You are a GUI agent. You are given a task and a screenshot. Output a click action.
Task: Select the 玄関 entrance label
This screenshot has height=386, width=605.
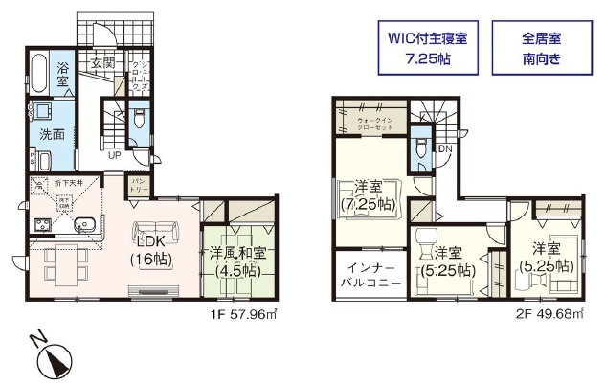[x=102, y=64]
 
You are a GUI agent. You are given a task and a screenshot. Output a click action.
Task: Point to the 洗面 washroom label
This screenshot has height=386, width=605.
[x=53, y=134]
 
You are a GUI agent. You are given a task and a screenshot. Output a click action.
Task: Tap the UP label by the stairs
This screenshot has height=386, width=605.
[x=114, y=155]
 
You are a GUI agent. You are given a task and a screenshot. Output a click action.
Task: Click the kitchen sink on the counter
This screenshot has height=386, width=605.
[x=83, y=226]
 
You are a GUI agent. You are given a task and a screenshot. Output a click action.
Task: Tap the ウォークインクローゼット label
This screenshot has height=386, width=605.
[x=374, y=124]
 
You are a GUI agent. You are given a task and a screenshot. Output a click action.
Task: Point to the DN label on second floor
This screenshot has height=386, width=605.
[x=444, y=148]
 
